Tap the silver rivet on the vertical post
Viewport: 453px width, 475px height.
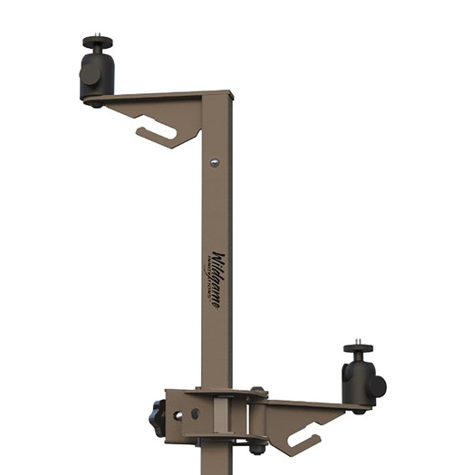coord(214,163)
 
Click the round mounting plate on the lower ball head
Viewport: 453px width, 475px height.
coord(358,349)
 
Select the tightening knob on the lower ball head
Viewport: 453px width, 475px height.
coord(376,386)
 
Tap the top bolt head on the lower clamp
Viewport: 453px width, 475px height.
coord(257,393)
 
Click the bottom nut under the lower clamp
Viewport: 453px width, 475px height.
coord(256,448)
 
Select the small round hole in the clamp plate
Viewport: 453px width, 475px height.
coord(178,415)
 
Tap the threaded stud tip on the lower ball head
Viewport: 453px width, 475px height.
coord(358,343)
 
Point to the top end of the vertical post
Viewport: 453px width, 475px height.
coord(217,93)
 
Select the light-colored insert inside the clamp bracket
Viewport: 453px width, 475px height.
coord(217,418)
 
